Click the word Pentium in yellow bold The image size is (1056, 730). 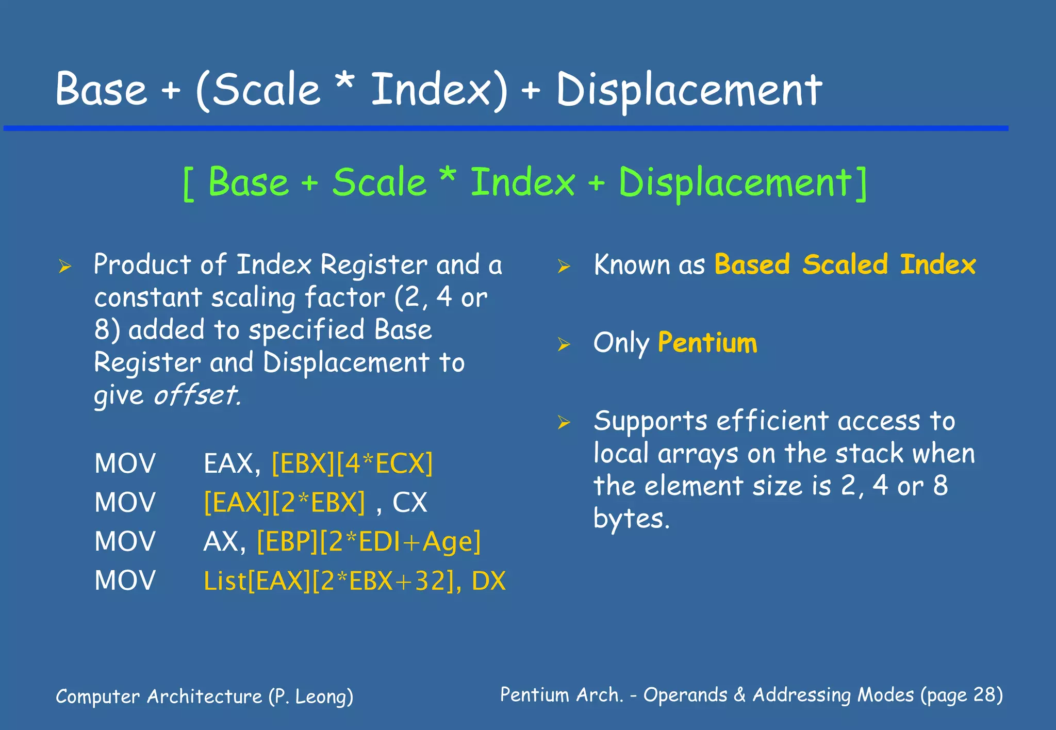707,343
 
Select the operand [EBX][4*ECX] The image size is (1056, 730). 352,463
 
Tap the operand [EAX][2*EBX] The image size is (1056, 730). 285,502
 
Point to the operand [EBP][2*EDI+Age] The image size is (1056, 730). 369,541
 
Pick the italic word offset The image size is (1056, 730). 197,395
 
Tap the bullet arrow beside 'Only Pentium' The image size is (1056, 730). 564,344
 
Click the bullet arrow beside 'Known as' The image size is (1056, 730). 564,266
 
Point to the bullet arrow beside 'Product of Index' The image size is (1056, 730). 64,266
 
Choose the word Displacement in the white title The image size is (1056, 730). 689,90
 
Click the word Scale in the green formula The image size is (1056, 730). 379,182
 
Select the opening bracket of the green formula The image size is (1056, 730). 189,184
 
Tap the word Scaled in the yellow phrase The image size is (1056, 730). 845,264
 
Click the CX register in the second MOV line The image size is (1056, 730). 410,502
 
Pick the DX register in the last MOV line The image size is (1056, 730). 489,581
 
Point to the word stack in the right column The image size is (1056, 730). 869,454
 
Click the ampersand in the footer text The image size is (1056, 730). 739,695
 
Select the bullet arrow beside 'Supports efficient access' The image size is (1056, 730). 564,422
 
